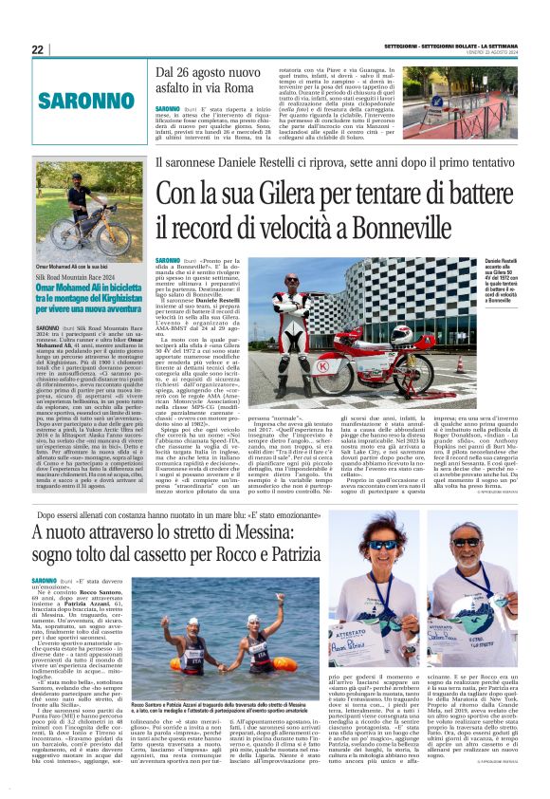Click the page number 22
point(37,49)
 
